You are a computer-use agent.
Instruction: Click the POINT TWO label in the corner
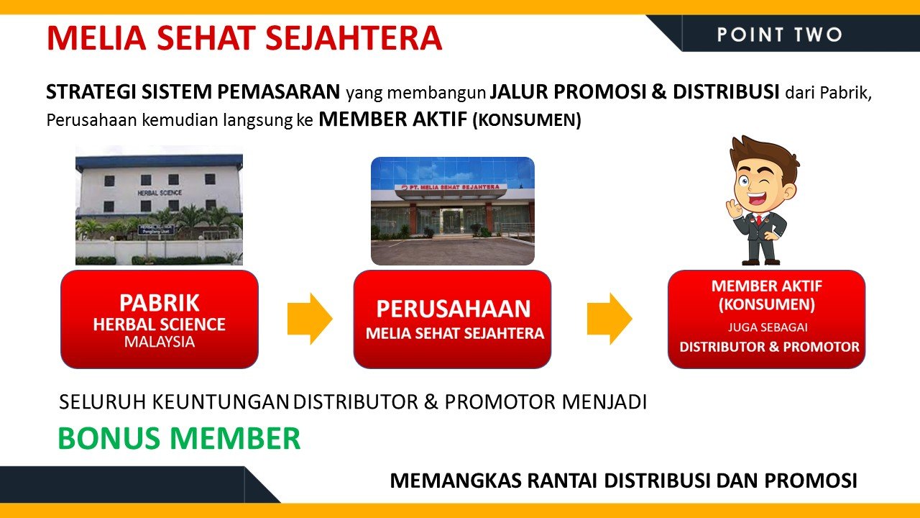(x=780, y=35)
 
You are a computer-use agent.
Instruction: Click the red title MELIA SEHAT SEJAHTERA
(x=244, y=38)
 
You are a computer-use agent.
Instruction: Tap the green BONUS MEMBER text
(x=179, y=438)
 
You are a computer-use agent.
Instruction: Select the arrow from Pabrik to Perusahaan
(x=310, y=319)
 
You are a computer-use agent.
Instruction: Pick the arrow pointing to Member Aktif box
(x=609, y=319)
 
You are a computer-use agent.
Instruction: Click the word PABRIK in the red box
(x=160, y=303)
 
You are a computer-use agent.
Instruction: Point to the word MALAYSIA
(x=160, y=342)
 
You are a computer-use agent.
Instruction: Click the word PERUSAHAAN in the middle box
(x=454, y=309)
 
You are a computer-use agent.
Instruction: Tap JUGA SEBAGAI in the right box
(x=768, y=327)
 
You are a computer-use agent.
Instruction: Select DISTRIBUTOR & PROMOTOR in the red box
(x=769, y=347)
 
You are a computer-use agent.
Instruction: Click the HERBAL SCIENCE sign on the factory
(x=160, y=192)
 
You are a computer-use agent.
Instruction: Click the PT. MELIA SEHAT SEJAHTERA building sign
(x=451, y=187)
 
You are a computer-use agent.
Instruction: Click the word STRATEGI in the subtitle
(x=91, y=91)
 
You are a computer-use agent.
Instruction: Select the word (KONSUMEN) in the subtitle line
(x=527, y=120)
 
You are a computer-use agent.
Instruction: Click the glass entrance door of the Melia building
(x=451, y=221)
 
